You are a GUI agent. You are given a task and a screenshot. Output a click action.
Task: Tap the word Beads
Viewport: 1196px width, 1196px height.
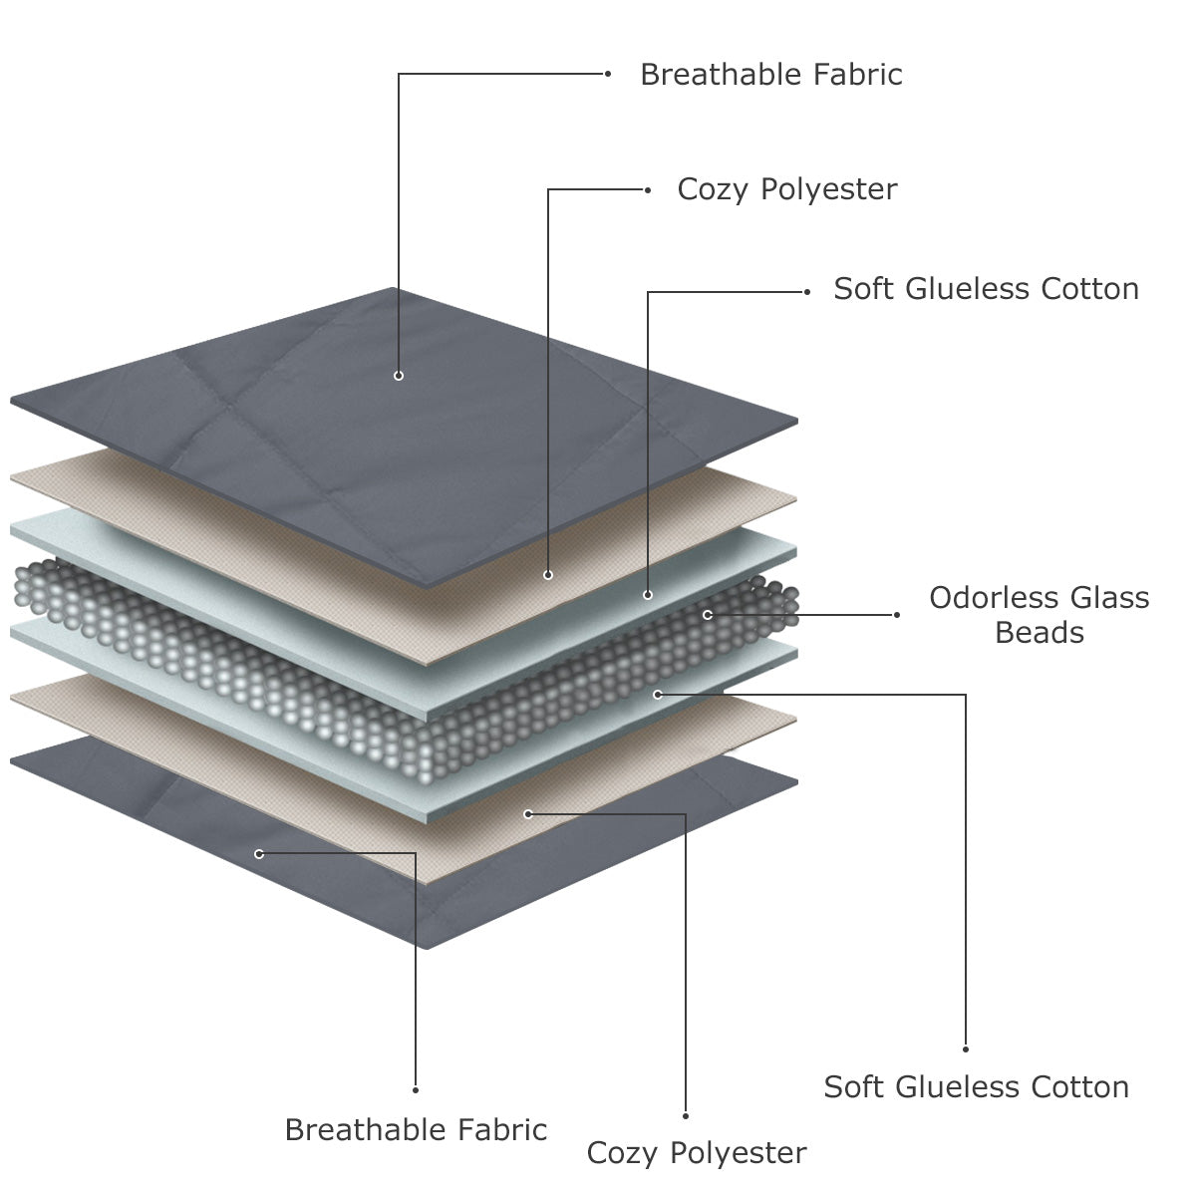1039,633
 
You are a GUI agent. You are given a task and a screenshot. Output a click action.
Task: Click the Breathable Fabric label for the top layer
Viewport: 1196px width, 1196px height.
770,75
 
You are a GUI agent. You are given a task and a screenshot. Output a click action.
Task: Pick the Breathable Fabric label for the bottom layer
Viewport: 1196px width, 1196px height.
416,1129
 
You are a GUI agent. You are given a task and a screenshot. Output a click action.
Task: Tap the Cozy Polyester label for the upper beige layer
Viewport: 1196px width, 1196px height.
786,189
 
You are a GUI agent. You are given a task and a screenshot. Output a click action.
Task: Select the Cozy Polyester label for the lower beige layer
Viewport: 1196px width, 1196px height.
696,1153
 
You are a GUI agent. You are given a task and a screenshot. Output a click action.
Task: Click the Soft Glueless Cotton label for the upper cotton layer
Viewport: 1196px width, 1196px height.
986,289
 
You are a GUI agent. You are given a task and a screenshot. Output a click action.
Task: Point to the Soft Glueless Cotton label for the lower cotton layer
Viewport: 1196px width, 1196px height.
976,1086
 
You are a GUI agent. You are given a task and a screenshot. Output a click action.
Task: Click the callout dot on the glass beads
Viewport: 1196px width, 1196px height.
708,615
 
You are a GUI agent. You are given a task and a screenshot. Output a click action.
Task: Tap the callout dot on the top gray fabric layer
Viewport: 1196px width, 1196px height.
399,376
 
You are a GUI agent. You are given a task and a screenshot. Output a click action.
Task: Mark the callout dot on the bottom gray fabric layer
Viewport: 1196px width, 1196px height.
259,854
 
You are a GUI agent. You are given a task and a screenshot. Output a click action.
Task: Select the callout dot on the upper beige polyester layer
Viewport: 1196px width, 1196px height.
548,575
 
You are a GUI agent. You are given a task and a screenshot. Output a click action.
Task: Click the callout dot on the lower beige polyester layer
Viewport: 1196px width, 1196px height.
528,814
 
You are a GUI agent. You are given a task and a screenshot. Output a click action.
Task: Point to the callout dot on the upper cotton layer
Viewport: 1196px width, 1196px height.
648,595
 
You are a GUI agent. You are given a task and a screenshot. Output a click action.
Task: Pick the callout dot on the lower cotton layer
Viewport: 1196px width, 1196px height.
658,694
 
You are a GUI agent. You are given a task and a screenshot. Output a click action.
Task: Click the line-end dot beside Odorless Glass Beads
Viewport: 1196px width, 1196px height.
896,615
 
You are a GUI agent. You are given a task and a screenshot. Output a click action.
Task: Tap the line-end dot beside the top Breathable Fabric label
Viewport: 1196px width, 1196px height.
608,74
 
